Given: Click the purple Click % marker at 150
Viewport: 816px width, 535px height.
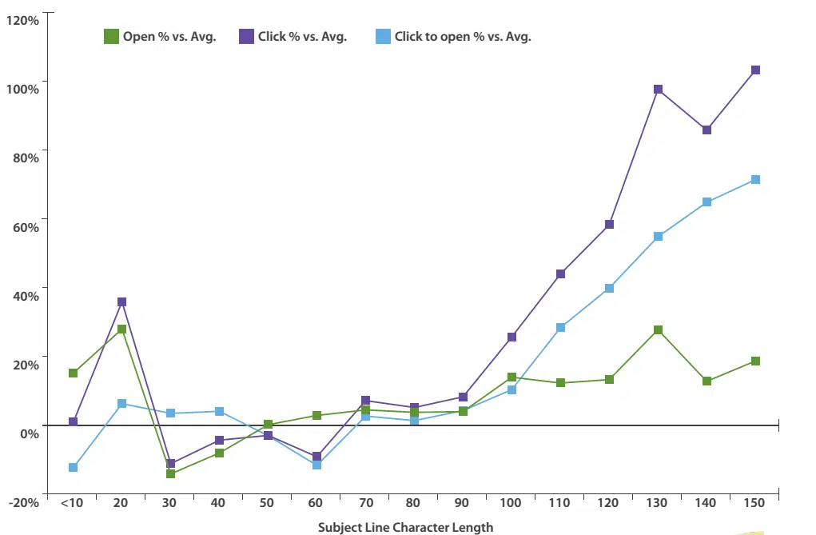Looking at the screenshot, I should pos(755,70).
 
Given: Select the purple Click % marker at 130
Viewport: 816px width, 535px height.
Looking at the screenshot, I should pos(658,90).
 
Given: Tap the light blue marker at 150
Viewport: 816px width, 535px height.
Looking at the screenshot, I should pos(755,180).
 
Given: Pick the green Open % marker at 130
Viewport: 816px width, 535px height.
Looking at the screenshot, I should pos(658,330).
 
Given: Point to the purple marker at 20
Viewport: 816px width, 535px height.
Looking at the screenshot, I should pos(121,302).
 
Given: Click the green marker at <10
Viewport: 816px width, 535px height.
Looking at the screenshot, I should pos(73,373).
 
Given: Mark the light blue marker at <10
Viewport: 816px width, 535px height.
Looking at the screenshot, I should pos(73,467).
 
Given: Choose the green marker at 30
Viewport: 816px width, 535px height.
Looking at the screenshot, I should pos(170,474).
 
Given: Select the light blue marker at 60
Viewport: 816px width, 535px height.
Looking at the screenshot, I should pos(316,465).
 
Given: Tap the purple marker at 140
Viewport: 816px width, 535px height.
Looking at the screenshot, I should pos(707,130).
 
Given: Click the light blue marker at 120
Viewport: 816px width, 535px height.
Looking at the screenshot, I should pos(609,288).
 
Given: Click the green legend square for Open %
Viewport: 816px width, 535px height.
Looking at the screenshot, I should pos(112,36).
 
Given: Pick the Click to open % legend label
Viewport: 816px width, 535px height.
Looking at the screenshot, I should pos(463,36).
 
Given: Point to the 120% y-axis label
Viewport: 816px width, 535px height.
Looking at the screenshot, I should pos(22,19).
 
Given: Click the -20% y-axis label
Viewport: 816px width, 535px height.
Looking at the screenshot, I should pos(22,501).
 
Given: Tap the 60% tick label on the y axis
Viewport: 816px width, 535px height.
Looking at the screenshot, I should pos(26,226).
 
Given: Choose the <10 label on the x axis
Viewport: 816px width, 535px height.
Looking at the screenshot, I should pos(71,502).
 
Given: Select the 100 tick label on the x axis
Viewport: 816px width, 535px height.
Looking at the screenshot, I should pos(511,502).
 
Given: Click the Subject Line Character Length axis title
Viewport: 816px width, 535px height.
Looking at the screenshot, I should pos(405,527).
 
